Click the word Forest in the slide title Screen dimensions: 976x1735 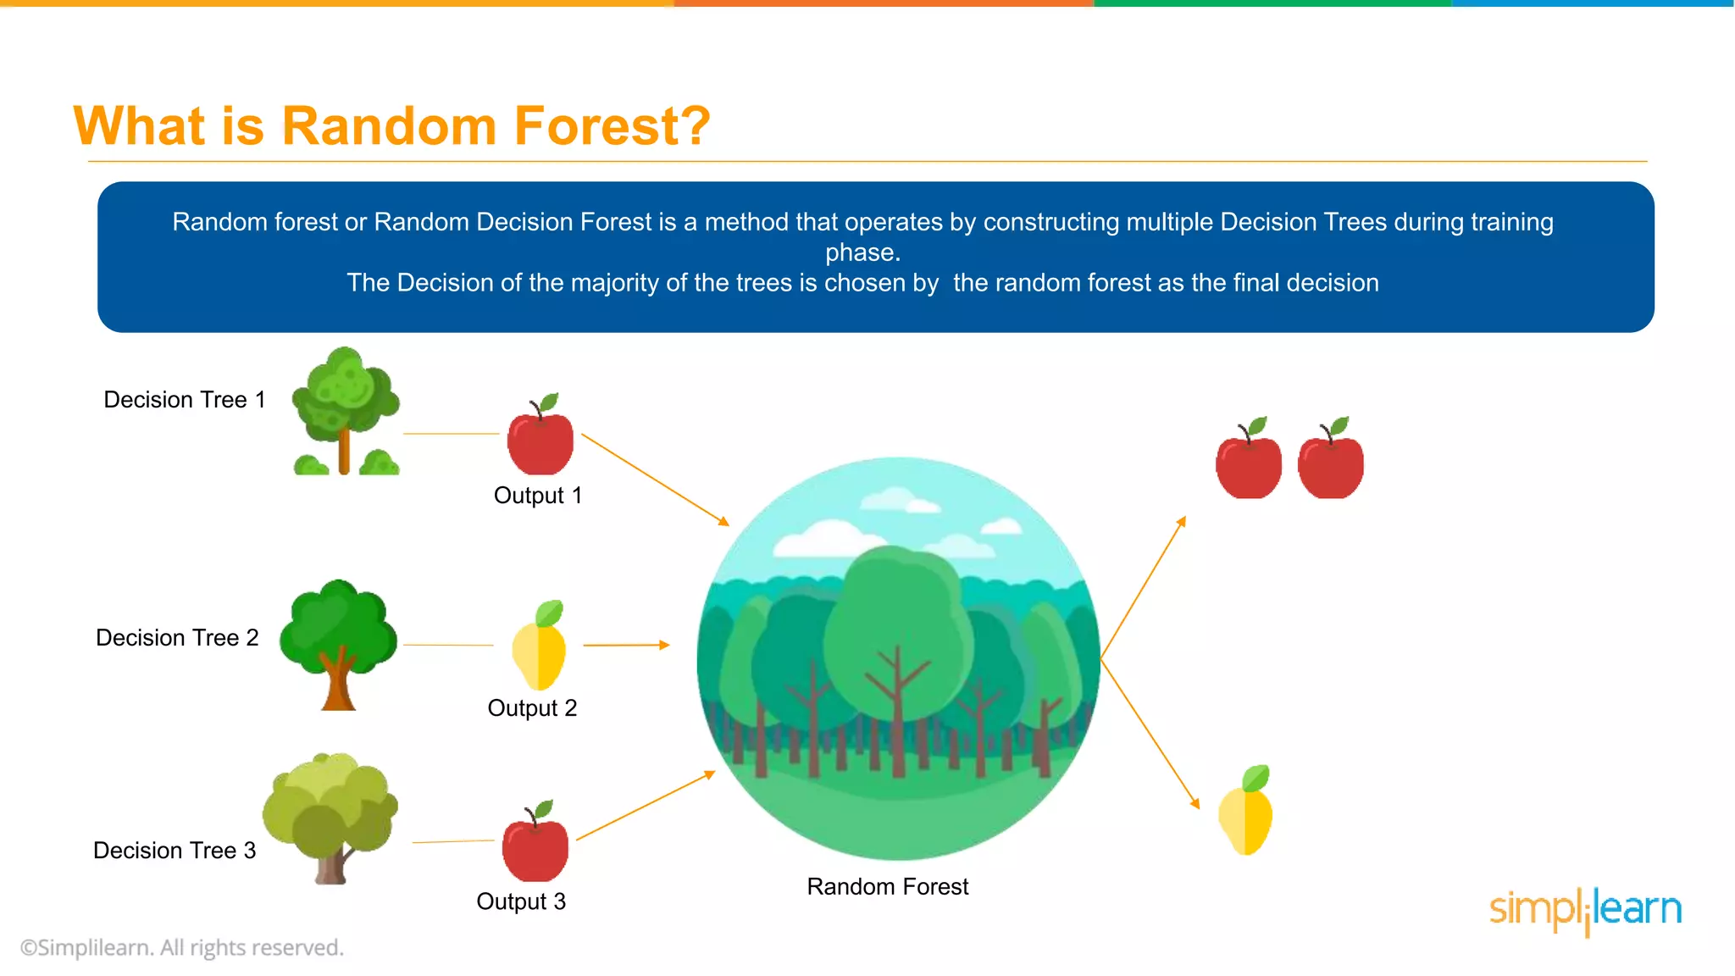click(x=598, y=126)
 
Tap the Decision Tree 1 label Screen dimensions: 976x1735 click(x=185, y=400)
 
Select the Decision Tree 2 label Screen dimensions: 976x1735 click(x=177, y=638)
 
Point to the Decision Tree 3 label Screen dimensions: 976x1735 click(x=175, y=851)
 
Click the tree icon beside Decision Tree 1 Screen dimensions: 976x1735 click(x=345, y=412)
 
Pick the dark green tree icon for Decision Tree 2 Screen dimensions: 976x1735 click(x=338, y=644)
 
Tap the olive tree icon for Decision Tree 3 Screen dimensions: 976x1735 click(x=330, y=817)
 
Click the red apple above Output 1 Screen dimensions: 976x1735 click(x=540, y=438)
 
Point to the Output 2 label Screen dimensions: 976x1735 click(x=532, y=708)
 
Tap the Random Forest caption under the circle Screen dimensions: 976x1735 click(x=887, y=887)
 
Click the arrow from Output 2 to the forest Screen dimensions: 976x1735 click(x=626, y=646)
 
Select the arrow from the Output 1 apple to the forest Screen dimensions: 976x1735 click(x=655, y=480)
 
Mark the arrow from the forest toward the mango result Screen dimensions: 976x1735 click(x=1150, y=734)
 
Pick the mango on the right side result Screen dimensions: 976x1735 click(x=1246, y=813)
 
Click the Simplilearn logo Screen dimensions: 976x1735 click(x=1585, y=911)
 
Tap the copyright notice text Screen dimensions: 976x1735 click(x=182, y=948)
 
